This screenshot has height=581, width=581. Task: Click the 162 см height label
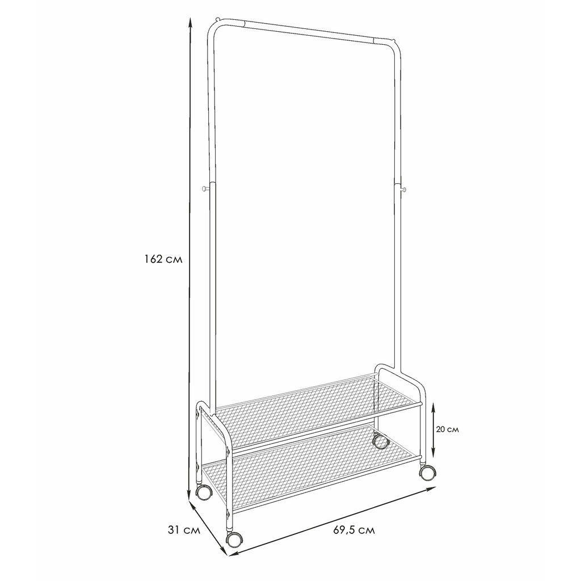point(163,259)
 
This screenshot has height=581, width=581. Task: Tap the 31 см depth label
point(184,531)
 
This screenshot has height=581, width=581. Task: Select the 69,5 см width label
point(354,531)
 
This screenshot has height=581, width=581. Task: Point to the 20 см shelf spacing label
point(447,430)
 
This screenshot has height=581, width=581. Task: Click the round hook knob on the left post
point(204,189)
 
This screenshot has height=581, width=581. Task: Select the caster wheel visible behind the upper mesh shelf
point(380,441)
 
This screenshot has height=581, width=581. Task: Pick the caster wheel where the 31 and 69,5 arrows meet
point(234,540)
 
